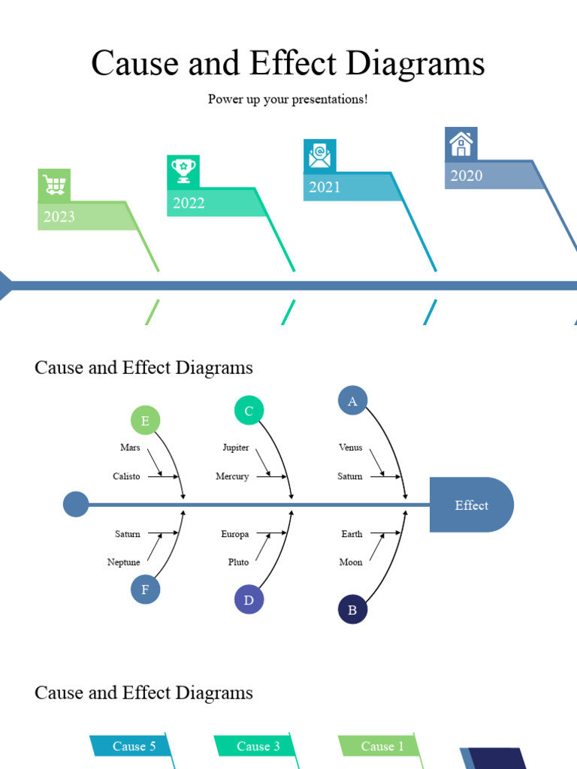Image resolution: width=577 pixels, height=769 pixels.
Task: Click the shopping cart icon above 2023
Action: click(x=54, y=185)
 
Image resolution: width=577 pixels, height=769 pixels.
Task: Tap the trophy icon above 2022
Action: click(x=183, y=170)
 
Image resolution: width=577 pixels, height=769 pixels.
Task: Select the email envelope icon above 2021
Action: click(x=319, y=155)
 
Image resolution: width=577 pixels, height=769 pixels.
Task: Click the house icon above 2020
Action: click(x=461, y=143)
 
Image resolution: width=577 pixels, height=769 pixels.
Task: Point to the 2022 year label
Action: click(x=189, y=203)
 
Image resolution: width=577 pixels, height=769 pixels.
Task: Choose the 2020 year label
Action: click(x=466, y=176)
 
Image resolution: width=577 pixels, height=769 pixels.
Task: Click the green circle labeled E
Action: click(x=145, y=421)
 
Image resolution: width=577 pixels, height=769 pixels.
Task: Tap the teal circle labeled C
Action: click(x=249, y=411)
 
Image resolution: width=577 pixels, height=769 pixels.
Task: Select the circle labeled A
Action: click(x=352, y=401)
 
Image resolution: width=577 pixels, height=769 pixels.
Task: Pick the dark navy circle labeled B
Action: click(x=352, y=609)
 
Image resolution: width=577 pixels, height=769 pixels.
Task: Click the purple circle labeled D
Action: click(x=249, y=600)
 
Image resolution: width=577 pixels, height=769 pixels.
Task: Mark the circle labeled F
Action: click(x=145, y=590)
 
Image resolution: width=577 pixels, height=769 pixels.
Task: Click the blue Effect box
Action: click(x=471, y=505)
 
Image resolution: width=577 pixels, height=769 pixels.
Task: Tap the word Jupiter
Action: click(x=236, y=448)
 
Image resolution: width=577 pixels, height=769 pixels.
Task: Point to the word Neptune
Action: click(x=124, y=562)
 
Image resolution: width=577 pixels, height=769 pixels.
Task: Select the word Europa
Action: click(x=234, y=534)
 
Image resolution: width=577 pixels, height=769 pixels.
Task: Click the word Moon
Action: click(x=351, y=562)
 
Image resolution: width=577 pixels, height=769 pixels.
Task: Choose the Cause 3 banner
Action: click(x=258, y=746)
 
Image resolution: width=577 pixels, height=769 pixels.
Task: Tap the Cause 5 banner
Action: click(x=134, y=746)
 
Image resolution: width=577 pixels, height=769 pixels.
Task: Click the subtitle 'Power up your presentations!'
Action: click(x=288, y=99)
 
